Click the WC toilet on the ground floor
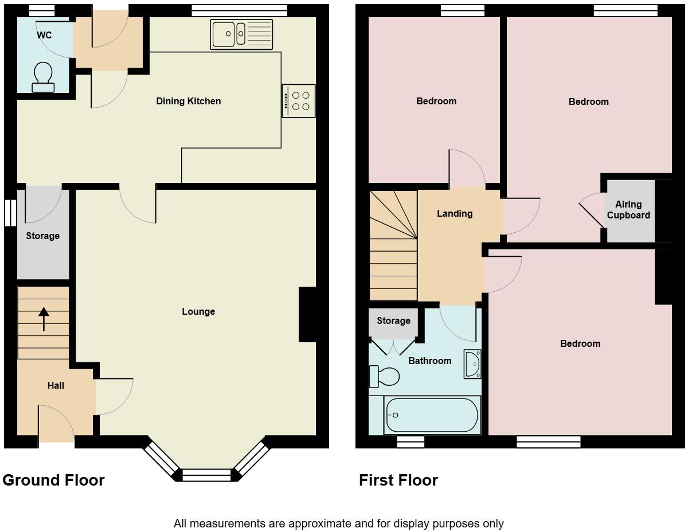point(43,77)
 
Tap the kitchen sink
point(241,34)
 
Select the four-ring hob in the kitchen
point(299,101)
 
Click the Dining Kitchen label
point(189,101)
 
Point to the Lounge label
point(198,311)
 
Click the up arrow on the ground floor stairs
point(44,319)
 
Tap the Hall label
point(56,385)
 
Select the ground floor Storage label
point(43,236)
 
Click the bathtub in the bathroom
point(432,415)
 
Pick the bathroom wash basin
point(472,364)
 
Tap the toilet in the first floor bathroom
point(384,376)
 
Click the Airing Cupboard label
point(628,210)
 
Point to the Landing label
point(455,214)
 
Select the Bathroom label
point(429,361)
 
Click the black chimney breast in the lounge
point(307,314)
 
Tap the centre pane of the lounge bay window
point(207,475)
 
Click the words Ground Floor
point(53,480)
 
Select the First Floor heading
point(398,480)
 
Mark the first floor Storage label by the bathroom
point(393,320)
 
